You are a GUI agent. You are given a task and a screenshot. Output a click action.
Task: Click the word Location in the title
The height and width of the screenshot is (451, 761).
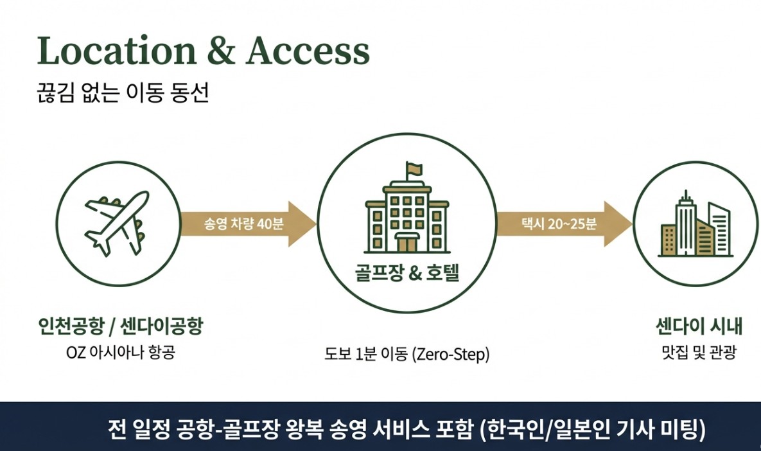point(116,50)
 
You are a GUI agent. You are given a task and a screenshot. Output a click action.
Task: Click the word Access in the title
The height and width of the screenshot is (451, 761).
point(308,50)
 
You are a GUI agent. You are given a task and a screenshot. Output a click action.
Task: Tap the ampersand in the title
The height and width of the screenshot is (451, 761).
point(221,51)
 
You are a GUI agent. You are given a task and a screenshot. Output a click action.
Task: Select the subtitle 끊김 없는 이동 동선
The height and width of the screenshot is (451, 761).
point(123,93)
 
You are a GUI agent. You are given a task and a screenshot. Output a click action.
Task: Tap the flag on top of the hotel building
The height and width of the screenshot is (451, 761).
point(414,170)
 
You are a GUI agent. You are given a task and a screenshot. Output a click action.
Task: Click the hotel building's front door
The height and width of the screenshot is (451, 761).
point(407,242)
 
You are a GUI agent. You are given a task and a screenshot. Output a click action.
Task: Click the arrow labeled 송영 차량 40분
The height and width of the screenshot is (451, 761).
point(248,224)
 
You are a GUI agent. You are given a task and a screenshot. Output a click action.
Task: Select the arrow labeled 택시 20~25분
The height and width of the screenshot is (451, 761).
point(564,224)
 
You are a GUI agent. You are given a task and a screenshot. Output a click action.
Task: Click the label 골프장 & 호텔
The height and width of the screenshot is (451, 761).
point(407,273)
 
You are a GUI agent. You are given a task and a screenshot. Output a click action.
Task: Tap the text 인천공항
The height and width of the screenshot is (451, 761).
point(71,326)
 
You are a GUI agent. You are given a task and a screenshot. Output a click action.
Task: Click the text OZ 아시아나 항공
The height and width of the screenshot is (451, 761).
point(120,352)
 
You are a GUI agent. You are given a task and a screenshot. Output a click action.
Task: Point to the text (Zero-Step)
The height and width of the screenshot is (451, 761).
point(450,355)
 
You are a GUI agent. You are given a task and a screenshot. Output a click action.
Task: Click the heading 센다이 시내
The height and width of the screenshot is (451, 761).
point(699,326)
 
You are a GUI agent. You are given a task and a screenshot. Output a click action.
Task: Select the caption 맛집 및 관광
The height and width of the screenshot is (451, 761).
point(699,352)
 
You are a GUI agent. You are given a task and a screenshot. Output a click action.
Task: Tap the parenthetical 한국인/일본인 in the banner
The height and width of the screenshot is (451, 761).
point(545,430)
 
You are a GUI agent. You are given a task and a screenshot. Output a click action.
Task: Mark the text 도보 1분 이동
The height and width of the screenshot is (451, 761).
point(366,355)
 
